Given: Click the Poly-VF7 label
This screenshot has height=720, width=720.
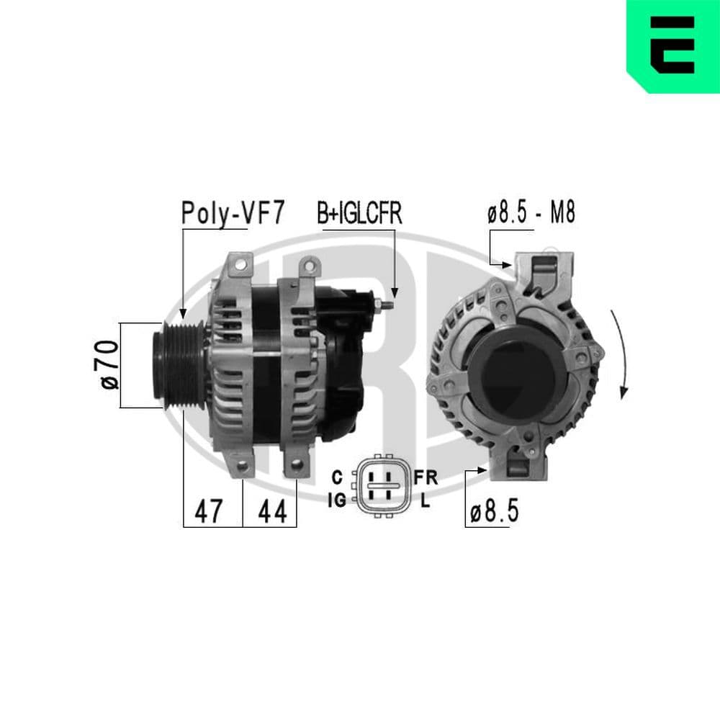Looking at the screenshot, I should click(233, 214).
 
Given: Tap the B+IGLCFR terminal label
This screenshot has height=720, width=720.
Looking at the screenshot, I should click(359, 214).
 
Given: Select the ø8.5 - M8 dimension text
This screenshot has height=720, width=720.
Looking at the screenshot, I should click(531, 214).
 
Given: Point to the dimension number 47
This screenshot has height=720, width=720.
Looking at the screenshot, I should click(209, 511).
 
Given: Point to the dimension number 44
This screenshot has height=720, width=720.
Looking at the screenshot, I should click(272, 511).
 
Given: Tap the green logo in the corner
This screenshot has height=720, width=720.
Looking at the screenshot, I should click(673, 46).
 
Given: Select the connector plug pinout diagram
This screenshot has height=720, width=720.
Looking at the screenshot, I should click(384, 485).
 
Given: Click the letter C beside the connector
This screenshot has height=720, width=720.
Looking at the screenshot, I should click(336, 477).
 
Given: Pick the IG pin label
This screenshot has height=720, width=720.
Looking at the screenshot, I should click(336, 498).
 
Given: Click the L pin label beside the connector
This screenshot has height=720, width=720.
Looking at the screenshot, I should click(425, 501).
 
